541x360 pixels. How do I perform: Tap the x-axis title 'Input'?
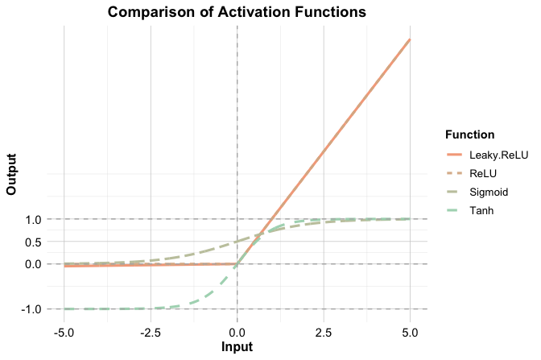[237, 347]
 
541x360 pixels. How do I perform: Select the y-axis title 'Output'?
[11, 173]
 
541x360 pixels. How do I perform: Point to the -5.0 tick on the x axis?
[64, 332]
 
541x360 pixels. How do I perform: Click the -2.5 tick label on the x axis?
[150, 332]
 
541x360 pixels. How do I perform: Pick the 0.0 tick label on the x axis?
[237, 332]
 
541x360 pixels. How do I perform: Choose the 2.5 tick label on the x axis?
[323, 332]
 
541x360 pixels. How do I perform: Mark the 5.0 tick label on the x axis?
[410, 332]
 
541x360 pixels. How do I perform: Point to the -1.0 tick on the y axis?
[31, 309]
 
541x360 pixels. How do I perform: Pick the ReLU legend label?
[484, 172]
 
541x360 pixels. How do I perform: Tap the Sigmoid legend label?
[489, 192]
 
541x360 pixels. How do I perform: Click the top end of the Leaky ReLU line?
[410, 39]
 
